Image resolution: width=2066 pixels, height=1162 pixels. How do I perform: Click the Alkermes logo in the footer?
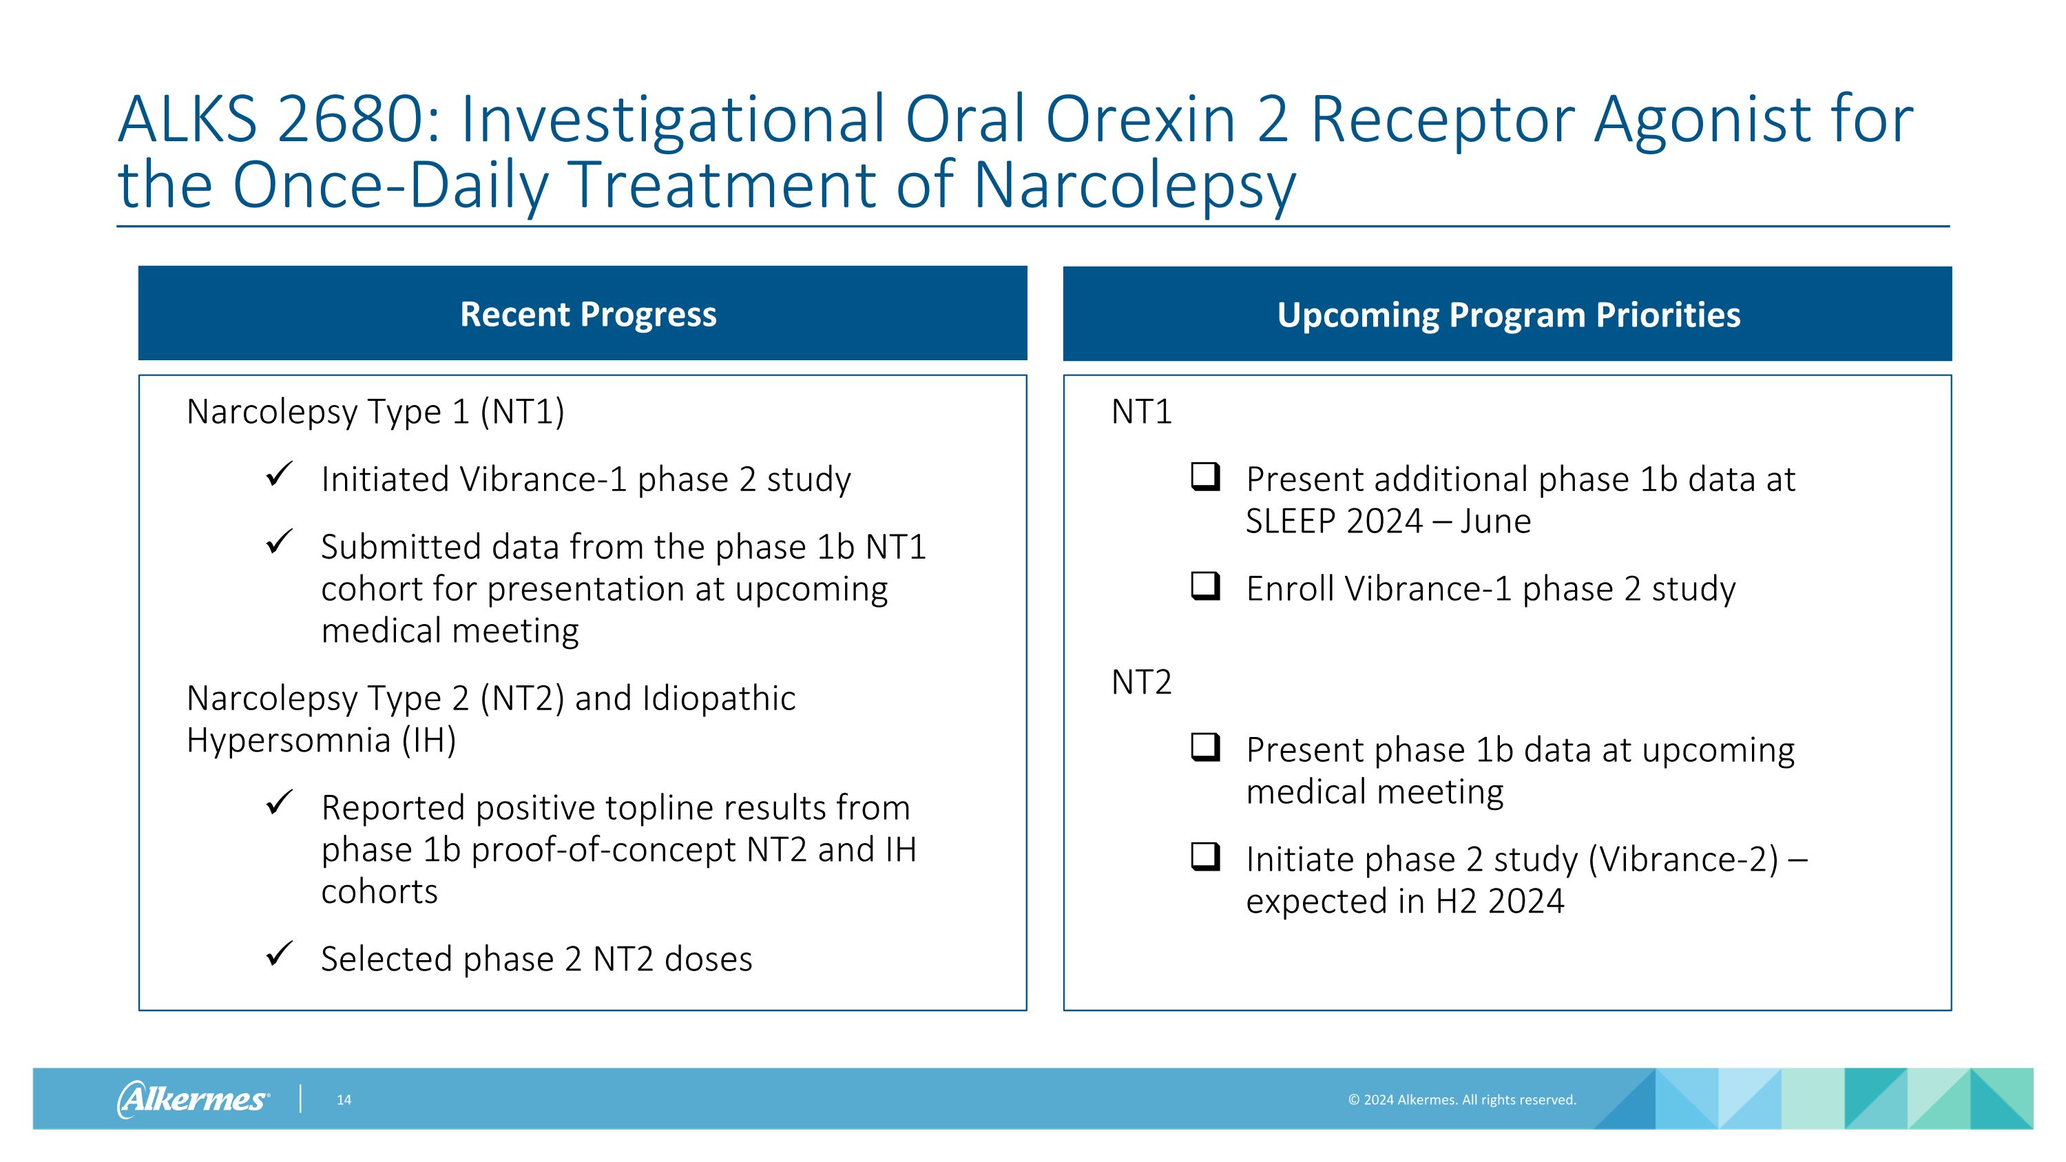[x=194, y=1099]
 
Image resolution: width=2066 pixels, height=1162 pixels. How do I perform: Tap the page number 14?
[x=343, y=1099]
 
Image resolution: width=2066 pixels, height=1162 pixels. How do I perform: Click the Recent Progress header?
[x=588, y=313]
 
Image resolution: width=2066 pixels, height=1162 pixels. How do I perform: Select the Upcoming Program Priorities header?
[x=1507, y=314]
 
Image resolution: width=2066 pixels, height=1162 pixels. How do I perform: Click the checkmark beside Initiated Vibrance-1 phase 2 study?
[x=279, y=475]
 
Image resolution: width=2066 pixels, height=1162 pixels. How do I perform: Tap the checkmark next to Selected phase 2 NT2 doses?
[x=279, y=954]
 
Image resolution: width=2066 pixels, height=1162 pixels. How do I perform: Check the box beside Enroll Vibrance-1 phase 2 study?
[x=1204, y=585]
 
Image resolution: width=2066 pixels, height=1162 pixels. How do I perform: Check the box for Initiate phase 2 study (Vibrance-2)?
[x=1204, y=856]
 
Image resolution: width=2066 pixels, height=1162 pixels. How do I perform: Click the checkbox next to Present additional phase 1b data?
[x=1204, y=477]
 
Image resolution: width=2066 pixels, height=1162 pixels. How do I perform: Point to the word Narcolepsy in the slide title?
[x=1134, y=185]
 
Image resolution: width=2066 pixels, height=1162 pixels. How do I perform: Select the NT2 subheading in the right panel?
[x=1141, y=683]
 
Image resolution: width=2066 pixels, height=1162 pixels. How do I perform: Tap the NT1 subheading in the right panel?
[x=1141, y=412]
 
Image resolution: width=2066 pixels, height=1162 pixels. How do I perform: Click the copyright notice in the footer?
[x=1461, y=1099]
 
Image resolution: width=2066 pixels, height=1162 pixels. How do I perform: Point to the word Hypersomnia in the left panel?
[x=288, y=739]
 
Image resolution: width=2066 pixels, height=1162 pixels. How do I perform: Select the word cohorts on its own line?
[x=379, y=891]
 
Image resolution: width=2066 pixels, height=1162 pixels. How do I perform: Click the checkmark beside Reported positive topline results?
[x=279, y=802]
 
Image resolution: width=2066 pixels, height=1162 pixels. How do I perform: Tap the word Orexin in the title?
[x=1140, y=119]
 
